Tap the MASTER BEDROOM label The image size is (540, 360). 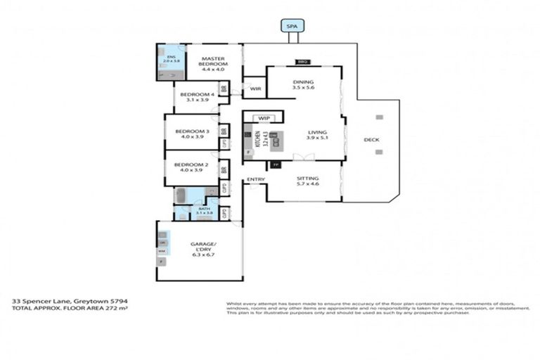[x=212, y=63]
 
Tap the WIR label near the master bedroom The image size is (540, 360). [x=255, y=89]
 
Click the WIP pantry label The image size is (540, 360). [x=264, y=118]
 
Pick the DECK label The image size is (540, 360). [x=371, y=140]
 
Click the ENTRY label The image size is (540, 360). [x=256, y=180]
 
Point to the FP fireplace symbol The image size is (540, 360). [x=276, y=165]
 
